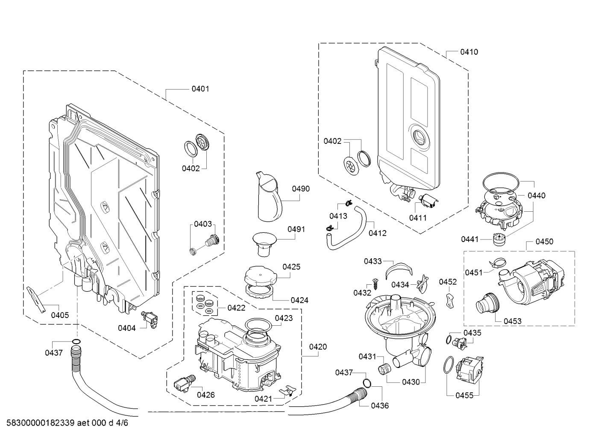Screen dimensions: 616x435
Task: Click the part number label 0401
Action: pyautogui.click(x=200, y=89)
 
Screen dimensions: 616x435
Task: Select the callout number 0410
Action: pyautogui.click(x=469, y=52)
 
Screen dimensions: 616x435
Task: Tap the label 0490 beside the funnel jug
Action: pyautogui.click(x=301, y=189)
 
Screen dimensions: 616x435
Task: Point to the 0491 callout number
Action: pyautogui.click(x=296, y=229)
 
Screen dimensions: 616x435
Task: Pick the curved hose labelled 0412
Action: pyautogui.click(x=346, y=231)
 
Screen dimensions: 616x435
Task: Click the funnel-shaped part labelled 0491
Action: pyautogui.click(x=264, y=244)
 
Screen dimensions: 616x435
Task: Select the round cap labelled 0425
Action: pyautogui.click(x=261, y=276)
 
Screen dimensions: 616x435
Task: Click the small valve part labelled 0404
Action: pyautogui.click(x=150, y=320)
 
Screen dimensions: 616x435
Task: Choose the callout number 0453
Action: pyautogui.click(x=513, y=321)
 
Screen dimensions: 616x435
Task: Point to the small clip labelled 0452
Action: pyautogui.click(x=450, y=301)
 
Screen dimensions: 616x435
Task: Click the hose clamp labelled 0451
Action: pyautogui.click(x=497, y=263)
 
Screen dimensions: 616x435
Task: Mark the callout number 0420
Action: pyautogui.click(x=318, y=347)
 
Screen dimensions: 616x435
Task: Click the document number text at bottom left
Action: pyautogui.click(x=67, y=423)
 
